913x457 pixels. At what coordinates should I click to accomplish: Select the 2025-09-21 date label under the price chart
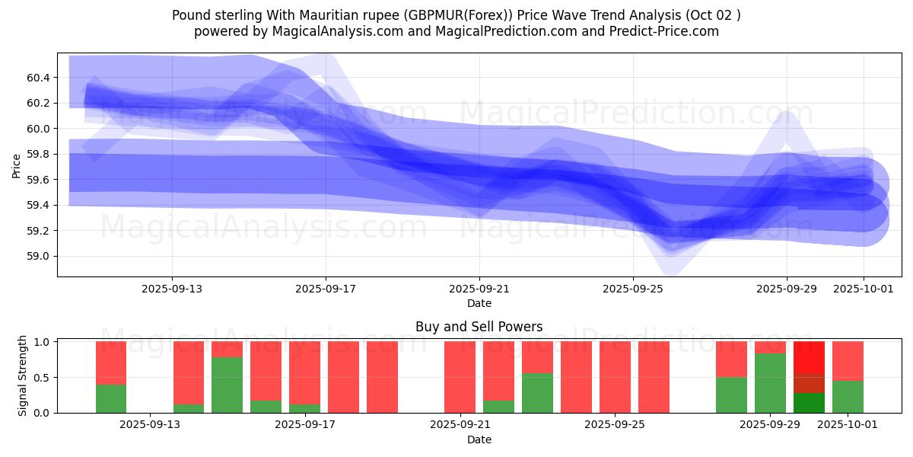tap(479, 289)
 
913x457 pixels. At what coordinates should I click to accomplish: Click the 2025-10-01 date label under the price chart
tap(863, 289)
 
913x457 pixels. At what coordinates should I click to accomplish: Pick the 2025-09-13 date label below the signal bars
tap(151, 425)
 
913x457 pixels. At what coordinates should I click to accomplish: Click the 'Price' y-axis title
tap(17, 165)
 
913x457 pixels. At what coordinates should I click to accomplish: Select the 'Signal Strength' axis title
tap(23, 376)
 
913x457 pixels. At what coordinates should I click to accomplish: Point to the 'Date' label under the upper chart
tap(479, 303)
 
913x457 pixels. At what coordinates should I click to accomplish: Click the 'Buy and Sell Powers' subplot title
tap(479, 327)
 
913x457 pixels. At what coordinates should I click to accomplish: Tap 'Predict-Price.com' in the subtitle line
tap(664, 31)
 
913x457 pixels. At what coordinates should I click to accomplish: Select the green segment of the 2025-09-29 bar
tap(770, 383)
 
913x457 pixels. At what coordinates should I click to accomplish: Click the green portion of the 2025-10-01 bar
tap(848, 397)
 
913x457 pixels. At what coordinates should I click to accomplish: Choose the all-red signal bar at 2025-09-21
tap(460, 377)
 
